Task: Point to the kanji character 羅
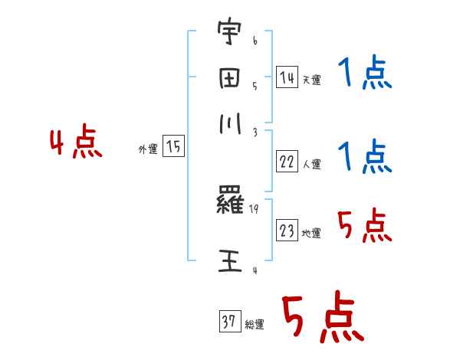[x=231, y=204]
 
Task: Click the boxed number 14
[x=287, y=77]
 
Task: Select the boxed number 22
[x=287, y=162]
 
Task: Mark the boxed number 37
[x=229, y=322]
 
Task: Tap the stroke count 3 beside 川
[x=254, y=133]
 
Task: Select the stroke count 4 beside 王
[x=254, y=270]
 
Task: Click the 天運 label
[x=311, y=80]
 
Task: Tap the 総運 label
[x=255, y=325]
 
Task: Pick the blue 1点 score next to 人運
[x=364, y=157]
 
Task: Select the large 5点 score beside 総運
[x=321, y=319]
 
